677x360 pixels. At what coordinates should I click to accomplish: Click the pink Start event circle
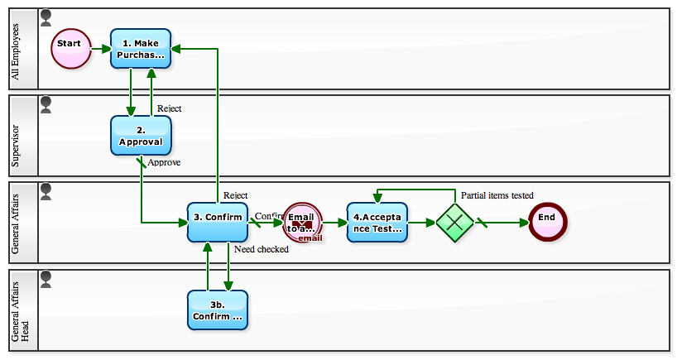pos(70,49)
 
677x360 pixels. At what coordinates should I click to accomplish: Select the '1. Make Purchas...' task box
pos(141,49)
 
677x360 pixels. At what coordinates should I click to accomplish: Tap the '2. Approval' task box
pos(141,136)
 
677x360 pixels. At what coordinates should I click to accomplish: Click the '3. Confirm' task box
pos(218,222)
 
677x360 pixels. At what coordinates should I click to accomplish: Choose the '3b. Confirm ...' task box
pos(218,310)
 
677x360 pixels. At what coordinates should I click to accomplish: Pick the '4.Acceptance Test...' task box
pos(377,222)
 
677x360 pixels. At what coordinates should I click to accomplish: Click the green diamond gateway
pos(455,223)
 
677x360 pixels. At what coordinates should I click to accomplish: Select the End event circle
pos(547,222)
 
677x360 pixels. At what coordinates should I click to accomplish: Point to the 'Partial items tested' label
pos(497,195)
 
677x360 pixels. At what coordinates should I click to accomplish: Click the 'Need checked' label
pos(261,249)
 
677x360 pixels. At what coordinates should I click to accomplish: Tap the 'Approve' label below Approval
pos(164,162)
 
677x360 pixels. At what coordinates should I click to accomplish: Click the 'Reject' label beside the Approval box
pos(169,108)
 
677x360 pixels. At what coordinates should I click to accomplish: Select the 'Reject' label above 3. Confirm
pos(235,195)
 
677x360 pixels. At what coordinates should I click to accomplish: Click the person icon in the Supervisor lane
pos(46,103)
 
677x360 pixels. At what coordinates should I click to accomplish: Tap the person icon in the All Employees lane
pos(46,17)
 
